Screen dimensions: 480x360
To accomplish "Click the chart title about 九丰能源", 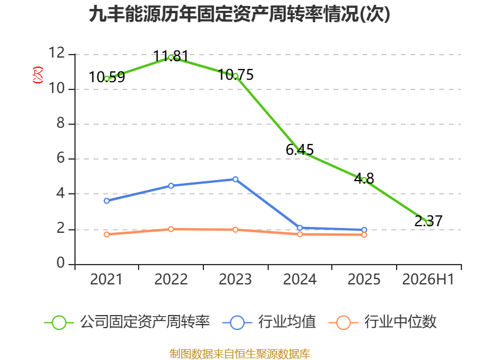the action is (239, 14).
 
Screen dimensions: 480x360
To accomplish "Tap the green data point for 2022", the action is (171, 57).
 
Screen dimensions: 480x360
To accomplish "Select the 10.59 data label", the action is (107, 77).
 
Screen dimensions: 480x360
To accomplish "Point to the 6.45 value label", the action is (299, 149).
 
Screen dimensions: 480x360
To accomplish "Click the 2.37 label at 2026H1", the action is (428, 221).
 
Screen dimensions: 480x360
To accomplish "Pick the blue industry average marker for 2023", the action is (235, 179).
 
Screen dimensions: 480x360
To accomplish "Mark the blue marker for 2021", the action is (107, 201).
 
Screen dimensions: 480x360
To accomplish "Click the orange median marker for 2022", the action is (171, 229).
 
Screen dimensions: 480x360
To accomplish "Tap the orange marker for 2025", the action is (364, 235).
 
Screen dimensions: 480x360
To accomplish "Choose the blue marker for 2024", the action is (299, 228).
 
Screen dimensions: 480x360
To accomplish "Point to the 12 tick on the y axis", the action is (57, 53).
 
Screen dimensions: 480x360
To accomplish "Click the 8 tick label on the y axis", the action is (61, 123).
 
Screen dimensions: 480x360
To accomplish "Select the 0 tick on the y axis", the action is (61, 263).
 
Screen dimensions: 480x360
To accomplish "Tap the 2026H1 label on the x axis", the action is (428, 279).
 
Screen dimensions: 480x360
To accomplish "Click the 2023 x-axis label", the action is (235, 279).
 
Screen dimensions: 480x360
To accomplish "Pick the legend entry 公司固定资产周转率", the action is (127, 322).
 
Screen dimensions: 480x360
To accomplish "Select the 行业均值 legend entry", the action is (269, 322).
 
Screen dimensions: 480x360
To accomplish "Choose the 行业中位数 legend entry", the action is (382, 322).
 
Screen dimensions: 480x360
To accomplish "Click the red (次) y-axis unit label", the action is (38, 75).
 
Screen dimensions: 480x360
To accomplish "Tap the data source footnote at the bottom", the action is (239, 354).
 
